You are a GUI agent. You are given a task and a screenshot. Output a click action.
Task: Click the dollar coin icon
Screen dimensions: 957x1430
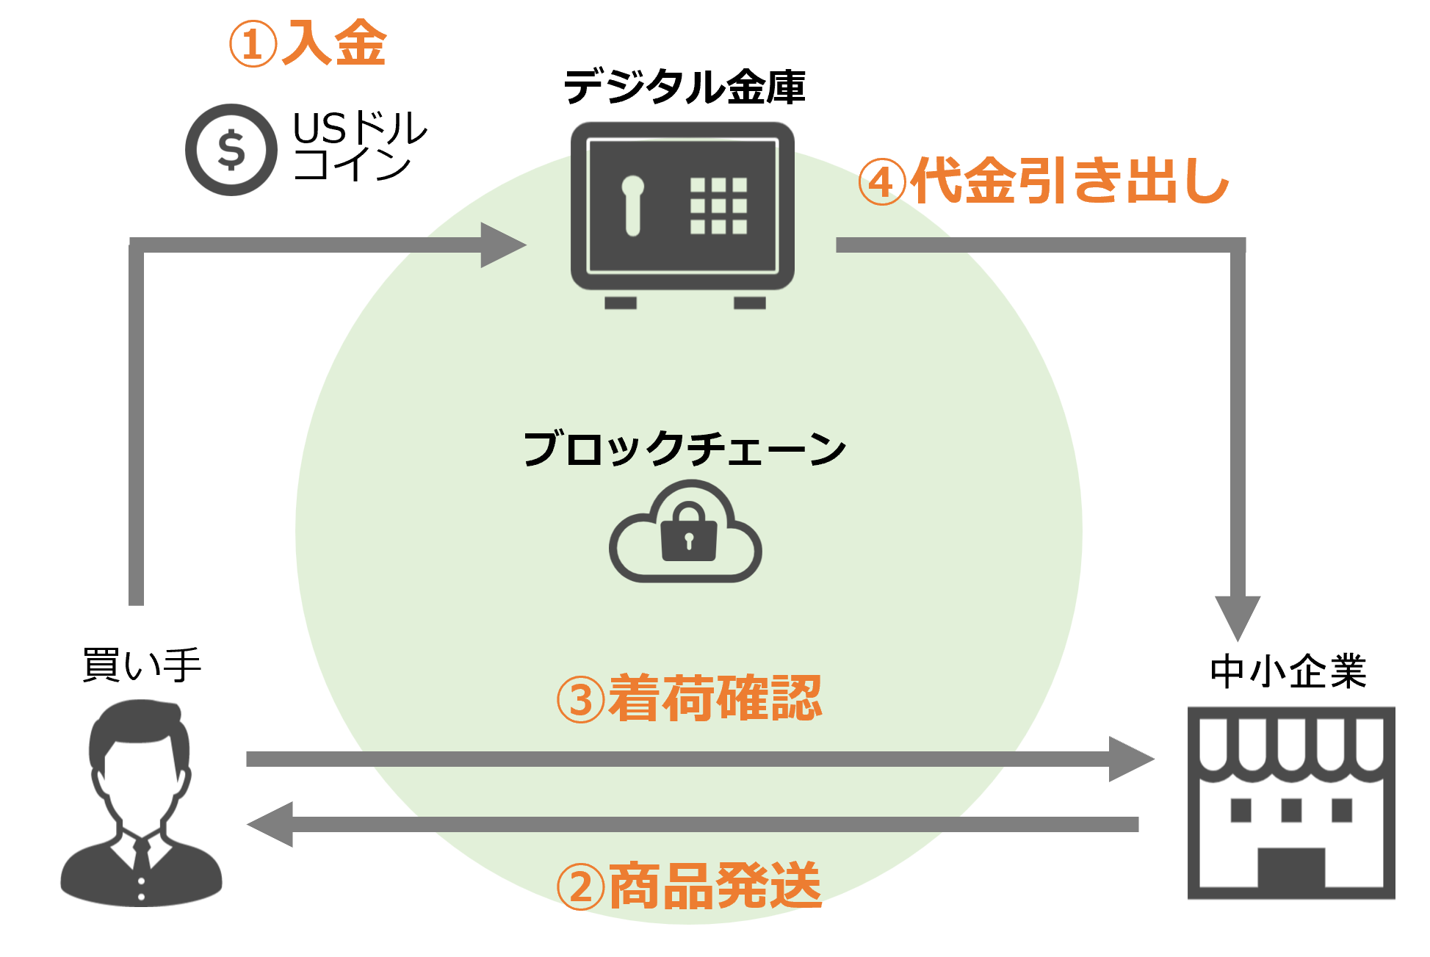231,150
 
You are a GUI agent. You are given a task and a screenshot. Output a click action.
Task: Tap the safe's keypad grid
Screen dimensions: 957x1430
718,206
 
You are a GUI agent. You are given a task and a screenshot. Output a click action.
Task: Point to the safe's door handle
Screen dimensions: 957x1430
632,206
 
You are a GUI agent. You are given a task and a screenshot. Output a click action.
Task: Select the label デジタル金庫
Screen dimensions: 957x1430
684,87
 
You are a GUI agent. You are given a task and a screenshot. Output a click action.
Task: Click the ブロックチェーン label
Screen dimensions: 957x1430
684,448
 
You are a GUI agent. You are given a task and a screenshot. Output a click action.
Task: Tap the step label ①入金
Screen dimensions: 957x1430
308,43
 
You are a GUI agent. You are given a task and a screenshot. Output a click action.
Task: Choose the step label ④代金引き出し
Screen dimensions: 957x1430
1044,181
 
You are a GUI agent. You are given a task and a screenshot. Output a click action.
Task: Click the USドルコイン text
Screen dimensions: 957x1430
358,145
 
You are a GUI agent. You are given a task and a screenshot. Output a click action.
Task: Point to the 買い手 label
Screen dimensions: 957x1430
142,665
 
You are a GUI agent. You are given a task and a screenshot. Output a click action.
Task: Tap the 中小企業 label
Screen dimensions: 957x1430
1288,671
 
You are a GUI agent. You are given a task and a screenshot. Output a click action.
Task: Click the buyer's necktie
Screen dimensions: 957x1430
141,856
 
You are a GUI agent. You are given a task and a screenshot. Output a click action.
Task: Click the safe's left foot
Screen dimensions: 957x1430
620,303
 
